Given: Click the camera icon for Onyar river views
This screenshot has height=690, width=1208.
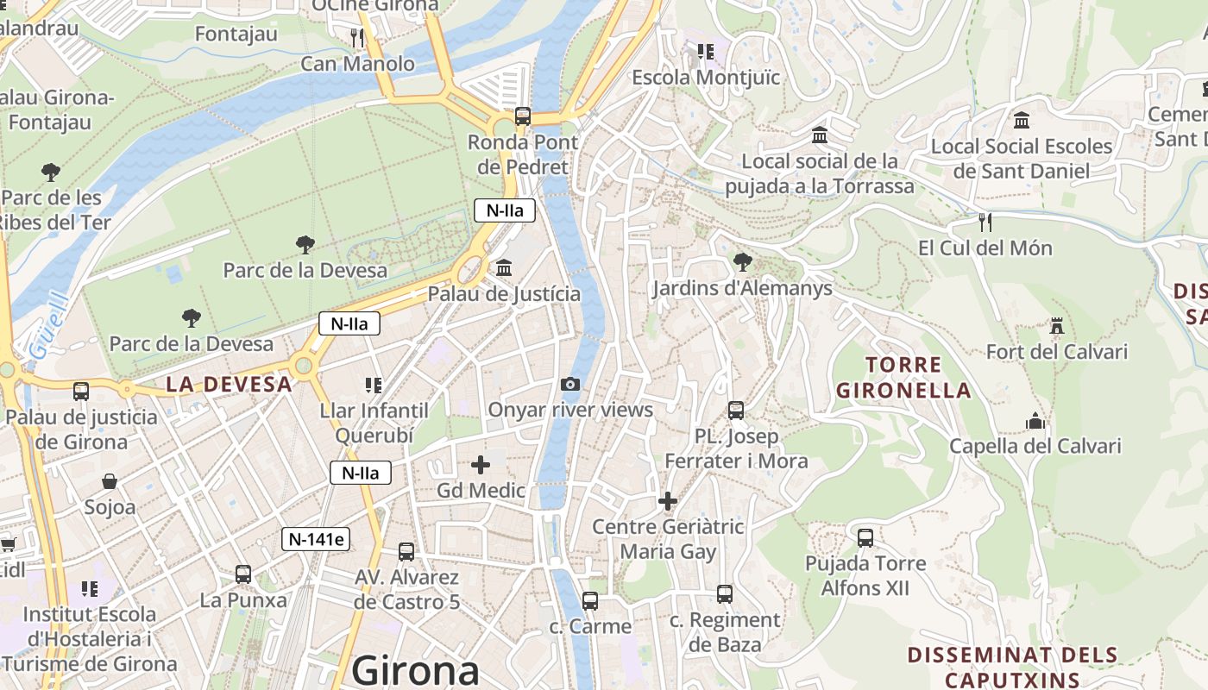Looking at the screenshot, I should [x=570, y=385].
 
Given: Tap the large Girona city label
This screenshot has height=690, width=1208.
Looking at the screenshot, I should [x=415, y=670].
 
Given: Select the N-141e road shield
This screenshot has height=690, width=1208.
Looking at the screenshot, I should [x=316, y=540].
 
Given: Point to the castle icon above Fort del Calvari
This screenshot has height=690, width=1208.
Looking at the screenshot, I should [x=1056, y=327].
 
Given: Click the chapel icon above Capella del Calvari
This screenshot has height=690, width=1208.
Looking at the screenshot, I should [x=1035, y=421].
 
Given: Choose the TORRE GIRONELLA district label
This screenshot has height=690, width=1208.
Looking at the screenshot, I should [x=903, y=377].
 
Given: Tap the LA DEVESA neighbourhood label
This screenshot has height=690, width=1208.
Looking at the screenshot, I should [x=229, y=385].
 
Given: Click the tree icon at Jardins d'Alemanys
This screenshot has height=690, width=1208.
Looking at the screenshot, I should [x=742, y=262].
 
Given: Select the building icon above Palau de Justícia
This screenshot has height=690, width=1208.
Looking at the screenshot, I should [x=504, y=268].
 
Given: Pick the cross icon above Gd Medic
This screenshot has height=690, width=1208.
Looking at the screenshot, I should [x=481, y=466].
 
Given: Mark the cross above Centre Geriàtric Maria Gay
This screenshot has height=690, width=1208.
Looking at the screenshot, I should [x=667, y=501].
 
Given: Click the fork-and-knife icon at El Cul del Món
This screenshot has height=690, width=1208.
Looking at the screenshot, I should [x=985, y=223].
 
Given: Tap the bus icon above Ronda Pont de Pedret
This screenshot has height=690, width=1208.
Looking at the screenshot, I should [x=523, y=116].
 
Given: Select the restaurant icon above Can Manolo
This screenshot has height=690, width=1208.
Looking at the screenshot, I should [x=357, y=38].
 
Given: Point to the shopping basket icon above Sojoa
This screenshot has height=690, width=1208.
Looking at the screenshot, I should [x=110, y=481].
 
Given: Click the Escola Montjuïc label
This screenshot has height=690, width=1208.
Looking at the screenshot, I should [x=706, y=78].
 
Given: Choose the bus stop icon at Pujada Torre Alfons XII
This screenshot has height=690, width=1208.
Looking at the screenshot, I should [x=865, y=538].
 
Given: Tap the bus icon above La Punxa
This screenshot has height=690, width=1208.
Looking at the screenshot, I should [x=243, y=574].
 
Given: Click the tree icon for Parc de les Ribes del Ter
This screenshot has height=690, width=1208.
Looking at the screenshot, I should [x=51, y=172].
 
